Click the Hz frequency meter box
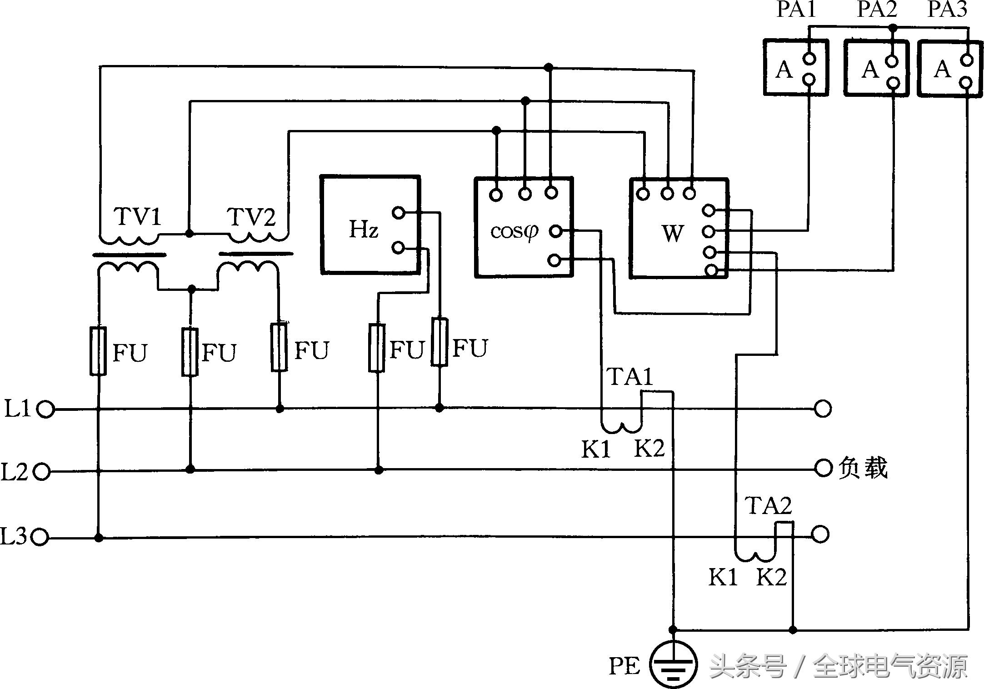[x=370, y=225]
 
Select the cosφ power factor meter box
[x=523, y=227]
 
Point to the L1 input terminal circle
[x=45, y=409]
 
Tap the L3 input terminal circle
[x=40, y=538]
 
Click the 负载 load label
[x=863, y=468]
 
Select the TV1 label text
[x=138, y=216]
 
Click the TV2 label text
[x=251, y=217]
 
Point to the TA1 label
[x=629, y=377]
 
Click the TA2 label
[x=768, y=506]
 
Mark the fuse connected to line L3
[x=98, y=351]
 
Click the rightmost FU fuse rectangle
[x=440, y=342]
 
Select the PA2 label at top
[x=877, y=9]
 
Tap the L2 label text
[x=15, y=473]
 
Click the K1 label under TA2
[x=723, y=577]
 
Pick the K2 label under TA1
[x=649, y=449]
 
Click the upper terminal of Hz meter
[x=398, y=212]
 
